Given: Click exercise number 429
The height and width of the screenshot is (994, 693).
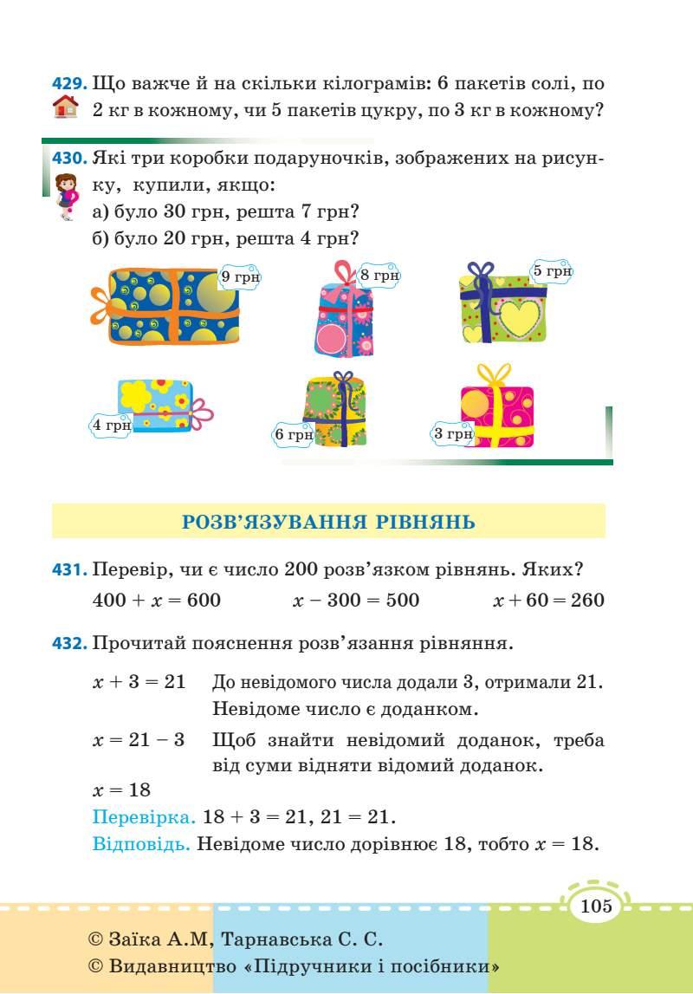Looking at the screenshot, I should [x=68, y=85].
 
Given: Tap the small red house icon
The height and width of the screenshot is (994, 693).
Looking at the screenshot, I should [x=65, y=110].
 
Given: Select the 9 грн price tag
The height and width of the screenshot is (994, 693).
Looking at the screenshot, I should [x=240, y=276].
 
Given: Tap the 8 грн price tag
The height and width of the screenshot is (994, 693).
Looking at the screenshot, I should [x=379, y=276].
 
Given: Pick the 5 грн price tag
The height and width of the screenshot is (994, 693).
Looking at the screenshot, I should [x=552, y=271].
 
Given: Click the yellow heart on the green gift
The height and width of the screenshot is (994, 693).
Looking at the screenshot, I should [x=516, y=317].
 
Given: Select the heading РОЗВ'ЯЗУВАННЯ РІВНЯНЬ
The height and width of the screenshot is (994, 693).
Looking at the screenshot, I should [x=328, y=522].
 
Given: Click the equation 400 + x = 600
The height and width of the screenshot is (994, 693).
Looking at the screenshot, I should [x=157, y=600].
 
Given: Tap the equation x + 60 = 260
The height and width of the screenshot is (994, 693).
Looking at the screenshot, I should [x=548, y=600].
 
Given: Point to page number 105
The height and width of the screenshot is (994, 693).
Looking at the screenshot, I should [x=597, y=906].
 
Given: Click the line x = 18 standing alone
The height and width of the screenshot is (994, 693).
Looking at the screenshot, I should [x=121, y=789].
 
